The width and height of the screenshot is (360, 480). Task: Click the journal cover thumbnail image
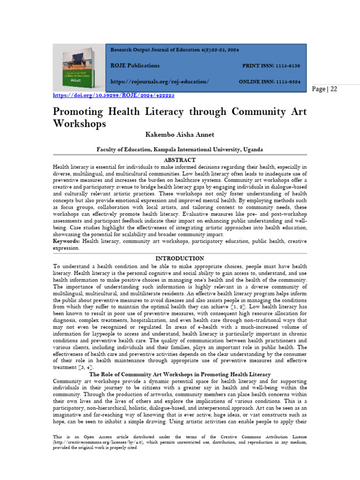(79, 67)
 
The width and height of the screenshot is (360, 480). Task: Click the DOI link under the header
(113, 95)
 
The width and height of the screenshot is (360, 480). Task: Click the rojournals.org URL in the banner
(159, 82)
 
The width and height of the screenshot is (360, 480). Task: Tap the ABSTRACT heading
(180, 160)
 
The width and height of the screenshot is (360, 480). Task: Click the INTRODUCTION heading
(180, 258)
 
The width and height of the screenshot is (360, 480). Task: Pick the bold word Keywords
(66, 241)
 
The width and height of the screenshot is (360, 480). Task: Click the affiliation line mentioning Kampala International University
(180, 150)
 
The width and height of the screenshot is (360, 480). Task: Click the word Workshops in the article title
(79, 124)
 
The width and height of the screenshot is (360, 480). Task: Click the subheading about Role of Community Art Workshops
(180, 375)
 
